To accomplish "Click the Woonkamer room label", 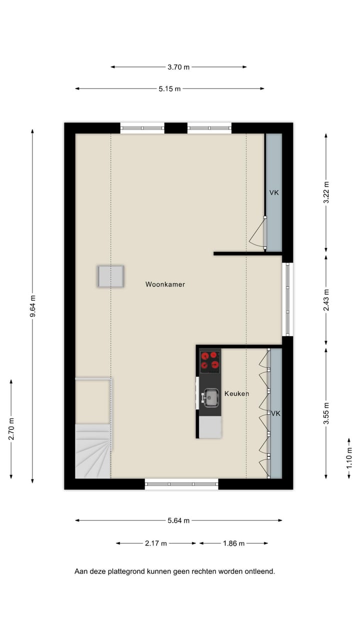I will pos(165,284).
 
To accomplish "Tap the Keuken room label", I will pos(236,393).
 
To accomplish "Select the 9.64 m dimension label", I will pos(32,305).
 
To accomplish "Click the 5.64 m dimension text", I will pos(178,520).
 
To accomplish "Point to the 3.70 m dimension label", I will pos(178,67).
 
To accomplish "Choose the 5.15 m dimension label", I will pos(169,89).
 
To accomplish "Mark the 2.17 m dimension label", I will pos(156,543).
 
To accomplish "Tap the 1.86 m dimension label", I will pos(233,543).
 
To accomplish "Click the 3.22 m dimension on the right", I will pos(326,192).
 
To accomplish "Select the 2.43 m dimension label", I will pos(326,300).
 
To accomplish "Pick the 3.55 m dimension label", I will pos(326,413).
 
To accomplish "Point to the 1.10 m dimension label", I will pos(349,458).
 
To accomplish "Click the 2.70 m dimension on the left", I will pos(11,428).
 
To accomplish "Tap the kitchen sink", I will pos(211,398).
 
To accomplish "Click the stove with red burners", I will pos(210,361).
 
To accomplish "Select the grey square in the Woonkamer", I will pos(110,276).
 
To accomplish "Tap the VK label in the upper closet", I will pos(273,192).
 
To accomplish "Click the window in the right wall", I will pos(287,299).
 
